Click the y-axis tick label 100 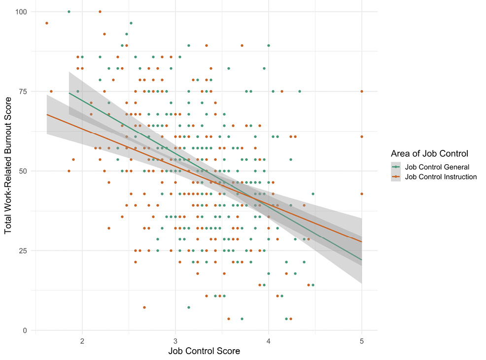point(23,11)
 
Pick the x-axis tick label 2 point(82,340)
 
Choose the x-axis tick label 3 point(175,340)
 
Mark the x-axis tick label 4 point(269,340)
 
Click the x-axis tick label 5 point(362,340)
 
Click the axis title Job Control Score point(204,352)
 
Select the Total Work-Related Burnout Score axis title point(8,171)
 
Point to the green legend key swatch point(397,167)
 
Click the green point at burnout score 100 point(69,11)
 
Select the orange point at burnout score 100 point(100,11)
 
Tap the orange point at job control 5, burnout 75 point(362,91)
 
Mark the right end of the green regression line point(362,260)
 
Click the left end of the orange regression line point(47,114)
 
